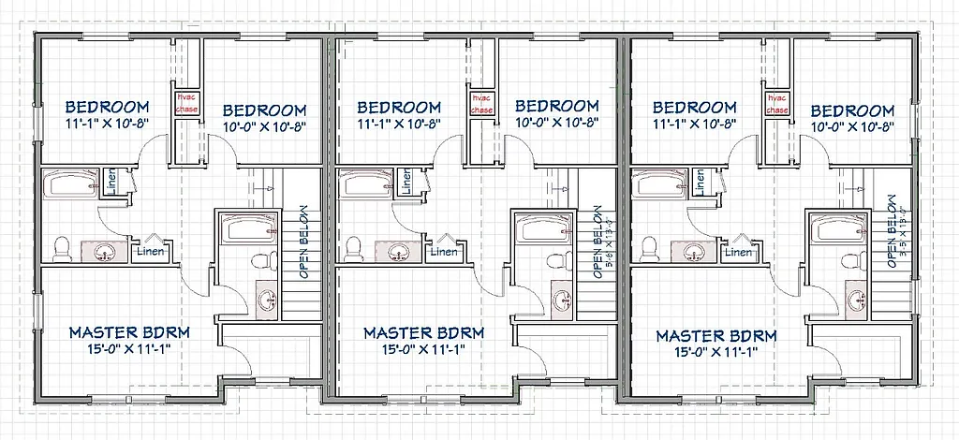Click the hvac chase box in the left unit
pyautogui.click(x=185, y=104)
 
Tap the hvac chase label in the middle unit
pyautogui.click(x=481, y=104)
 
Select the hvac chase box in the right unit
pyautogui.click(x=776, y=104)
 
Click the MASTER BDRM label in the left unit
pyautogui.click(x=130, y=332)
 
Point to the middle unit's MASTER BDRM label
pyautogui.click(x=424, y=332)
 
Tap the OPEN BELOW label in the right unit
pyautogui.click(x=893, y=230)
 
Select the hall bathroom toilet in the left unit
pyautogui.click(x=62, y=248)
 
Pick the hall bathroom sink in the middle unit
pyautogui.click(x=400, y=251)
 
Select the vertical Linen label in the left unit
pyautogui.click(x=111, y=183)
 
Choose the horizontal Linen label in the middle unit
pyautogui.click(x=444, y=251)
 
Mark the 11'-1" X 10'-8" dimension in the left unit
pyautogui.click(x=115, y=124)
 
